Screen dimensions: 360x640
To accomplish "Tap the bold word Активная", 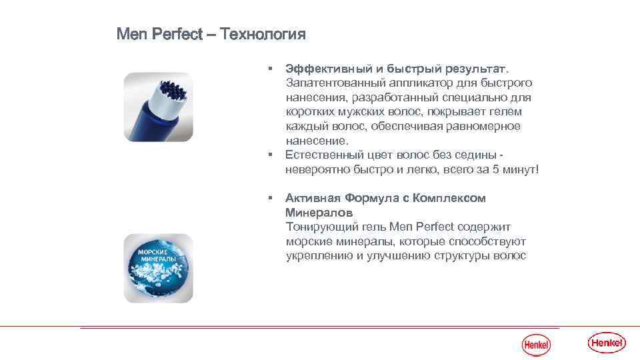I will pyautogui.click(x=312, y=198).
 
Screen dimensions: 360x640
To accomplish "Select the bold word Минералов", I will pyautogui.click(x=315, y=213).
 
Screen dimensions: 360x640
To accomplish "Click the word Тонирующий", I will pyautogui.click(x=318, y=227).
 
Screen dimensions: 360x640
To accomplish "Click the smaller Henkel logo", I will pyautogui.click(x=536, y=345).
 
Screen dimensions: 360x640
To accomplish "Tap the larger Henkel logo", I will pyautogui.click(x=607, y=343).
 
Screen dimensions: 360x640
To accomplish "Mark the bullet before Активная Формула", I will pyautogui.click(x=271, y=198).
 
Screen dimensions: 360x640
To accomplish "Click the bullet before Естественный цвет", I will pyautogui.click(x=271, y=155).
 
